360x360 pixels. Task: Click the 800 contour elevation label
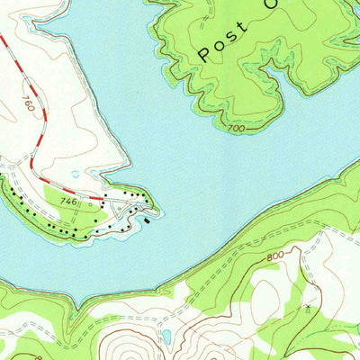pos(280,258)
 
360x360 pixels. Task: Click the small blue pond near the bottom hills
pos(166,337)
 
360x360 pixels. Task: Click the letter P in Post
pos(204,55)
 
